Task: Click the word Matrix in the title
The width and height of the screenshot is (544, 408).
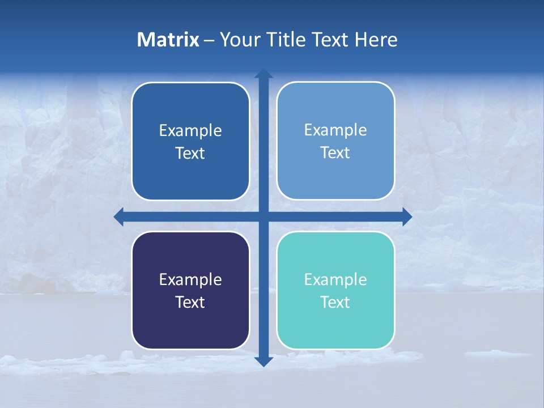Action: pyautogui.click(x=168, y=40)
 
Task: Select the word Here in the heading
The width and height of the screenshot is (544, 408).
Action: pyautogui.click(x=376, y=40)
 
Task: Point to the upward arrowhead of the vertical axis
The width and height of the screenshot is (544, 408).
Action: pyautogui.click(x=263, y=73)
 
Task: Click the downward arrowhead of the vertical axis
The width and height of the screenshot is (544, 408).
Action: pyautogui.click(x=263, y=361)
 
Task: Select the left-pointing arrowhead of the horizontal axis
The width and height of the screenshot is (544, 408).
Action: pyautogui.click(x=119, y=216)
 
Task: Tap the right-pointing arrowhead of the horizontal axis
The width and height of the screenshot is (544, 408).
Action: pyautogui.click(x=407, y=216)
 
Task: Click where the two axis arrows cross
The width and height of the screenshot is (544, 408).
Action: pyautogui.click(x=263, y=216)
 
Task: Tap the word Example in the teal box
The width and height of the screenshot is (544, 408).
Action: pyautogui.click(x=335, y=279)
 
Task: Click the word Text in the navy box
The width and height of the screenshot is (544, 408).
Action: pyautogui.click(x=190, y=302)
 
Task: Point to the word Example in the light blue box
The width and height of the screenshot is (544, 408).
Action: pyautogui.click(x=335, y=130)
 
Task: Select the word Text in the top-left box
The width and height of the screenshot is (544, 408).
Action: pyautogui.click(x=190, y=153)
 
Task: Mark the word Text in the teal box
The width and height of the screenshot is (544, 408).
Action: pyautogui.click(x=335, y=302)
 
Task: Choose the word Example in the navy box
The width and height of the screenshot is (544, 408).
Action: pyautogui.click(x=190, y=279)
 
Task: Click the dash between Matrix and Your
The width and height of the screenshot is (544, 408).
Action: pyautogui.click(x=209, y=40)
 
